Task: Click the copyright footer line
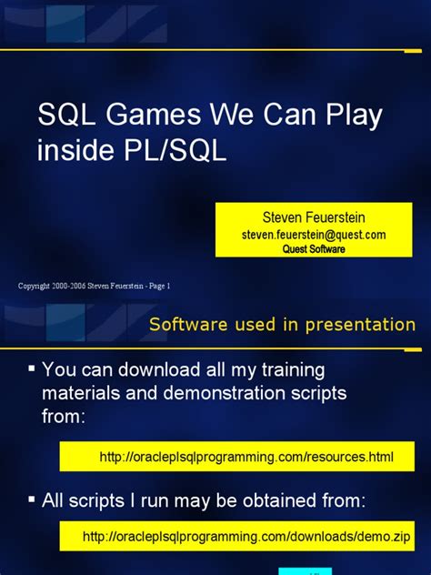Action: click(95, 286)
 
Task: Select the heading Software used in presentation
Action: click(282, 325)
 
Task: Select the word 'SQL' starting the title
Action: click(62, 116)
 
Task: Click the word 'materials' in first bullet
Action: click(85, 393)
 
